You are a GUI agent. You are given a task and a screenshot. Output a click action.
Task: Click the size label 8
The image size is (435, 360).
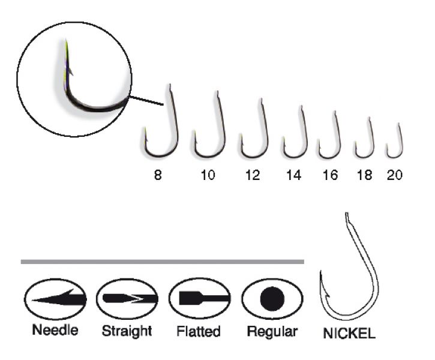click(158, 175)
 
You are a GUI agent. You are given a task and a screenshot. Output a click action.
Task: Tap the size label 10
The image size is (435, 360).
click(208, 175)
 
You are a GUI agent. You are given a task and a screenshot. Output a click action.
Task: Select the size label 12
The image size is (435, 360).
click(253, 175)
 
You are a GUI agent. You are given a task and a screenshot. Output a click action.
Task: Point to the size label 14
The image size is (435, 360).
click(293, 175)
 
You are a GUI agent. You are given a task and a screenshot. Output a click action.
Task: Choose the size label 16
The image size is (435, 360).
click(330, 175)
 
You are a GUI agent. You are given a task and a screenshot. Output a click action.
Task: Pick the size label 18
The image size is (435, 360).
click(365, 175)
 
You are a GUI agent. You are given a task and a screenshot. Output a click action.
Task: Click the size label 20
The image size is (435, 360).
click(394, 175)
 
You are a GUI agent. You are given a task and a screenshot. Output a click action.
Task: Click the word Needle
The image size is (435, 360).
click(55, 330)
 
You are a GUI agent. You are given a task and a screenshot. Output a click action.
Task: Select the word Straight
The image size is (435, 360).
click(127, 331)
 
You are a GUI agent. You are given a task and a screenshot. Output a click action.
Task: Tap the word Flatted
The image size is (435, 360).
click(199, 331)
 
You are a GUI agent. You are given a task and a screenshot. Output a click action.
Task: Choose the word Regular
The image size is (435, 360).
click(272, 331)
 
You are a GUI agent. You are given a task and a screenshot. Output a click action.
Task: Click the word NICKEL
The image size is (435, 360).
click(349, 333)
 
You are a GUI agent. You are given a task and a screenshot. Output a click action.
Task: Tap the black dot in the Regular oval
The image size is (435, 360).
click(272, 299)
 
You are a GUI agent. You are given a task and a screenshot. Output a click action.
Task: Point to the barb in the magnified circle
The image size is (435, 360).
click(70, 71)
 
